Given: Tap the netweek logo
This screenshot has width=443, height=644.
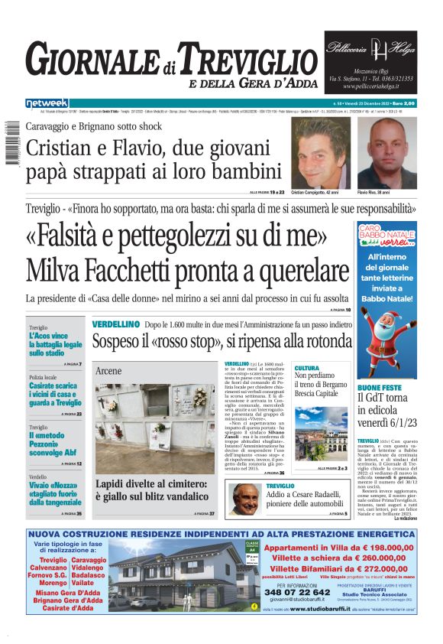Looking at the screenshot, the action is pos(47,103).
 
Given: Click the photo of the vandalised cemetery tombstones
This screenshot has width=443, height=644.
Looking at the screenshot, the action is pos(155,428).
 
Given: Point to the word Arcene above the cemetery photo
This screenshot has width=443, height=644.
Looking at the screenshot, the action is pos(108,370).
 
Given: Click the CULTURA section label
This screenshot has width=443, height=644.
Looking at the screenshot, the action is pos(307,368).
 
